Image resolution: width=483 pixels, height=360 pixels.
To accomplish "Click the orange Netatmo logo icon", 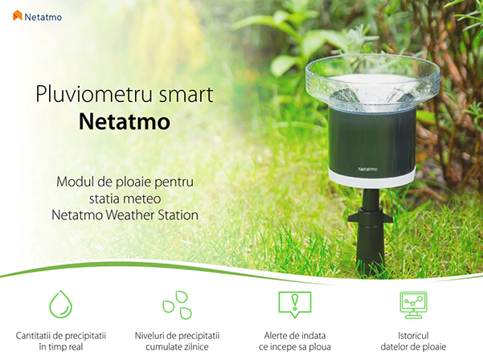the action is tap(18, 16).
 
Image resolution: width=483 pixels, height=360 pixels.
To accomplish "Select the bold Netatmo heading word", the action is tap(125, 122).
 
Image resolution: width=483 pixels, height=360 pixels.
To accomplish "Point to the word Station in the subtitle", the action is tap(178, 215).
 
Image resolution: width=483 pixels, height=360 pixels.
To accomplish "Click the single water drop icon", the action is tap(61, 305).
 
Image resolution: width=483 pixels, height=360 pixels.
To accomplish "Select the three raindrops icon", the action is tap(178, 305).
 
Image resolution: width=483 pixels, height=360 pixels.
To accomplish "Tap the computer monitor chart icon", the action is tap(413, 305).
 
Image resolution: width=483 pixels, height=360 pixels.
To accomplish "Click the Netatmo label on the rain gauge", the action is tap(367, 169).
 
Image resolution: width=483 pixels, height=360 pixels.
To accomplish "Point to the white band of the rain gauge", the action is tap(372, 178).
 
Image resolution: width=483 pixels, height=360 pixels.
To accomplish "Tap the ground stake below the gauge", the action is tap(370, 231).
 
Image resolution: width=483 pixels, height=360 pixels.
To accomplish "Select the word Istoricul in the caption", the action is tap(413, 335).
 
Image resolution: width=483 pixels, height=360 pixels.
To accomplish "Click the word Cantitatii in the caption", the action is tap(33, 335).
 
